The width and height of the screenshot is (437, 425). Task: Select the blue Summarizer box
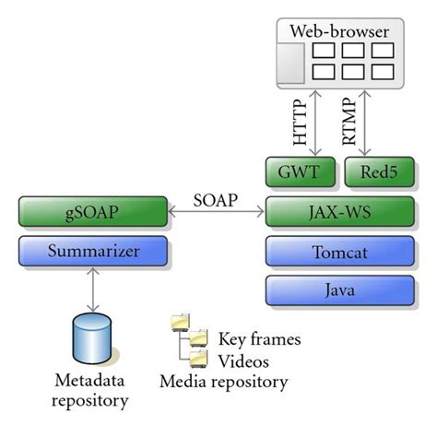pyautogui.click(x=91, y=250)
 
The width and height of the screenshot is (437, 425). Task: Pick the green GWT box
pyautogui.click(x=301, y=172)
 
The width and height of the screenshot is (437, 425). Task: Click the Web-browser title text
pyautogui.click(x=340, y=32)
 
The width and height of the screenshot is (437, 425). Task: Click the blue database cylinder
pyautogui.click(x=91, y=341)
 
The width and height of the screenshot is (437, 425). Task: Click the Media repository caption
pyautogui.click(x=223, y=381)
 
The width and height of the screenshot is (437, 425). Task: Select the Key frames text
pyautogui.click(x=259, y=338)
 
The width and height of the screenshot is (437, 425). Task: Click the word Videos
pyautogui.click(x=242, y=360)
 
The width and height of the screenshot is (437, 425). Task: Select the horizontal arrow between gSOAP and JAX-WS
pyautogui.click(x=218, y=214)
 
